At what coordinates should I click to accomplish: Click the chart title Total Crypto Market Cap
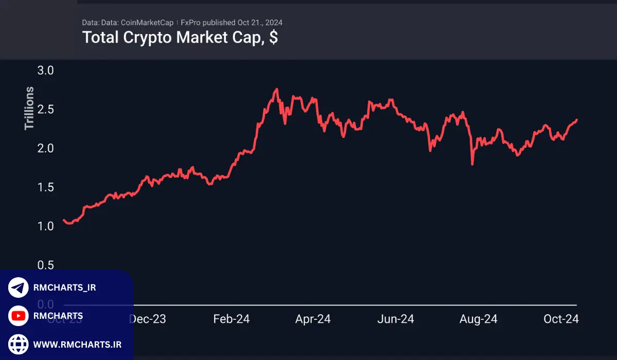(180, 38)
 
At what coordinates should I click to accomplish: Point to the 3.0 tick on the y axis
(46, 70)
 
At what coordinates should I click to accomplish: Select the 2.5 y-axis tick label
(46, 110)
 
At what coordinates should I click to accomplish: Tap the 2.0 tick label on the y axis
(46, 148)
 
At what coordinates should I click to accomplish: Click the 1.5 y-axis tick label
(46, 187)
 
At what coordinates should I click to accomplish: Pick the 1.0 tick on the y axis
(46, 226)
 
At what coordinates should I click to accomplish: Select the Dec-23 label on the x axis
(147, 319)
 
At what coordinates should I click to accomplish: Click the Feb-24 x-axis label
(231, 319)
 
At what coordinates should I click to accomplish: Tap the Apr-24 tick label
(313, 319)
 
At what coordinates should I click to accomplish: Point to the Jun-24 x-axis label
(396, 319)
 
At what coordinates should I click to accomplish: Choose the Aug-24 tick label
(478, 319)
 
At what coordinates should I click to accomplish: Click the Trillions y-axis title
(30, 108)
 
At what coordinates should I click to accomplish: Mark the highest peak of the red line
(277, 89)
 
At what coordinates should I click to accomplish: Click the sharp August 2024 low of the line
(472, 164)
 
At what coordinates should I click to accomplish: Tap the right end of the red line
(576, 120)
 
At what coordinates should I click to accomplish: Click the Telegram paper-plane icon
(19, 287)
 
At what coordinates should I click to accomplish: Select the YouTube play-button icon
(19, 315)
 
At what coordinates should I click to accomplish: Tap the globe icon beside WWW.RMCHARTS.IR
(19, 343)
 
